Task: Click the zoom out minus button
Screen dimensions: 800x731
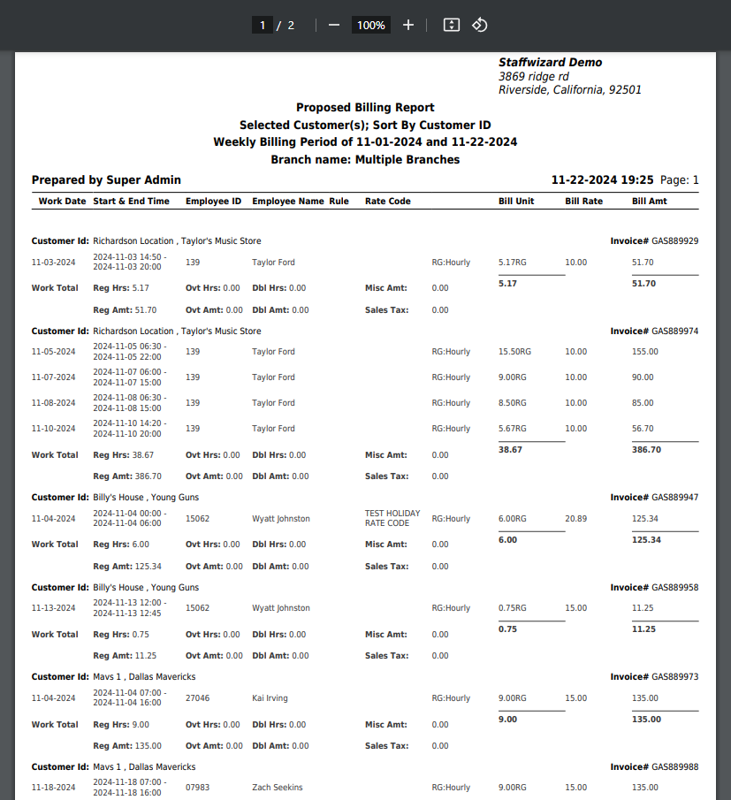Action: click(x=333, y=26)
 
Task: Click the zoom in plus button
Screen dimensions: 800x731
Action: click(x=407, y=26)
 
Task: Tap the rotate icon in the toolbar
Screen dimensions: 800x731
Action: click(x=479, y=25)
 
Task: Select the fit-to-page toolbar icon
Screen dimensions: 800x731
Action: click(x=451, y=25)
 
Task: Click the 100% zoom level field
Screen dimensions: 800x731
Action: click(x=370, y=26)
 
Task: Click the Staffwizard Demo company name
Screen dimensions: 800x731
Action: click(x=550, y=63)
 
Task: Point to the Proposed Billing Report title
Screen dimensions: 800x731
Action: click(x=365, y=108)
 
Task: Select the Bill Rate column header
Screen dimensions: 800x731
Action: click(x=583, y=202)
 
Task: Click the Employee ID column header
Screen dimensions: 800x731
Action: click(x=213, y=202)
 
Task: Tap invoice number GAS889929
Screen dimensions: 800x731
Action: click(x=674, y=241)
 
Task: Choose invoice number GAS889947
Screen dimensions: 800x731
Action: click(x=674, y=498)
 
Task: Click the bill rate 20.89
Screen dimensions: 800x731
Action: click(x=575, y=519)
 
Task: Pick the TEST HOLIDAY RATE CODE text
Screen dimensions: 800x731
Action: click(x=392, y=518)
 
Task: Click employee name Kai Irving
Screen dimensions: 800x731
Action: click(x=270, y=698)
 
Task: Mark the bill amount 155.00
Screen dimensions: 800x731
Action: click(x=644, y=352)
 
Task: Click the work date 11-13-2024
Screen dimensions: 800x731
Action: click(x=54, y=608)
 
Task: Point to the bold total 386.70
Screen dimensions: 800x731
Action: click(x=646, y=450)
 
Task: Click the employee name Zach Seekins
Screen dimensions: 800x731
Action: click(x=277, y=788)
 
